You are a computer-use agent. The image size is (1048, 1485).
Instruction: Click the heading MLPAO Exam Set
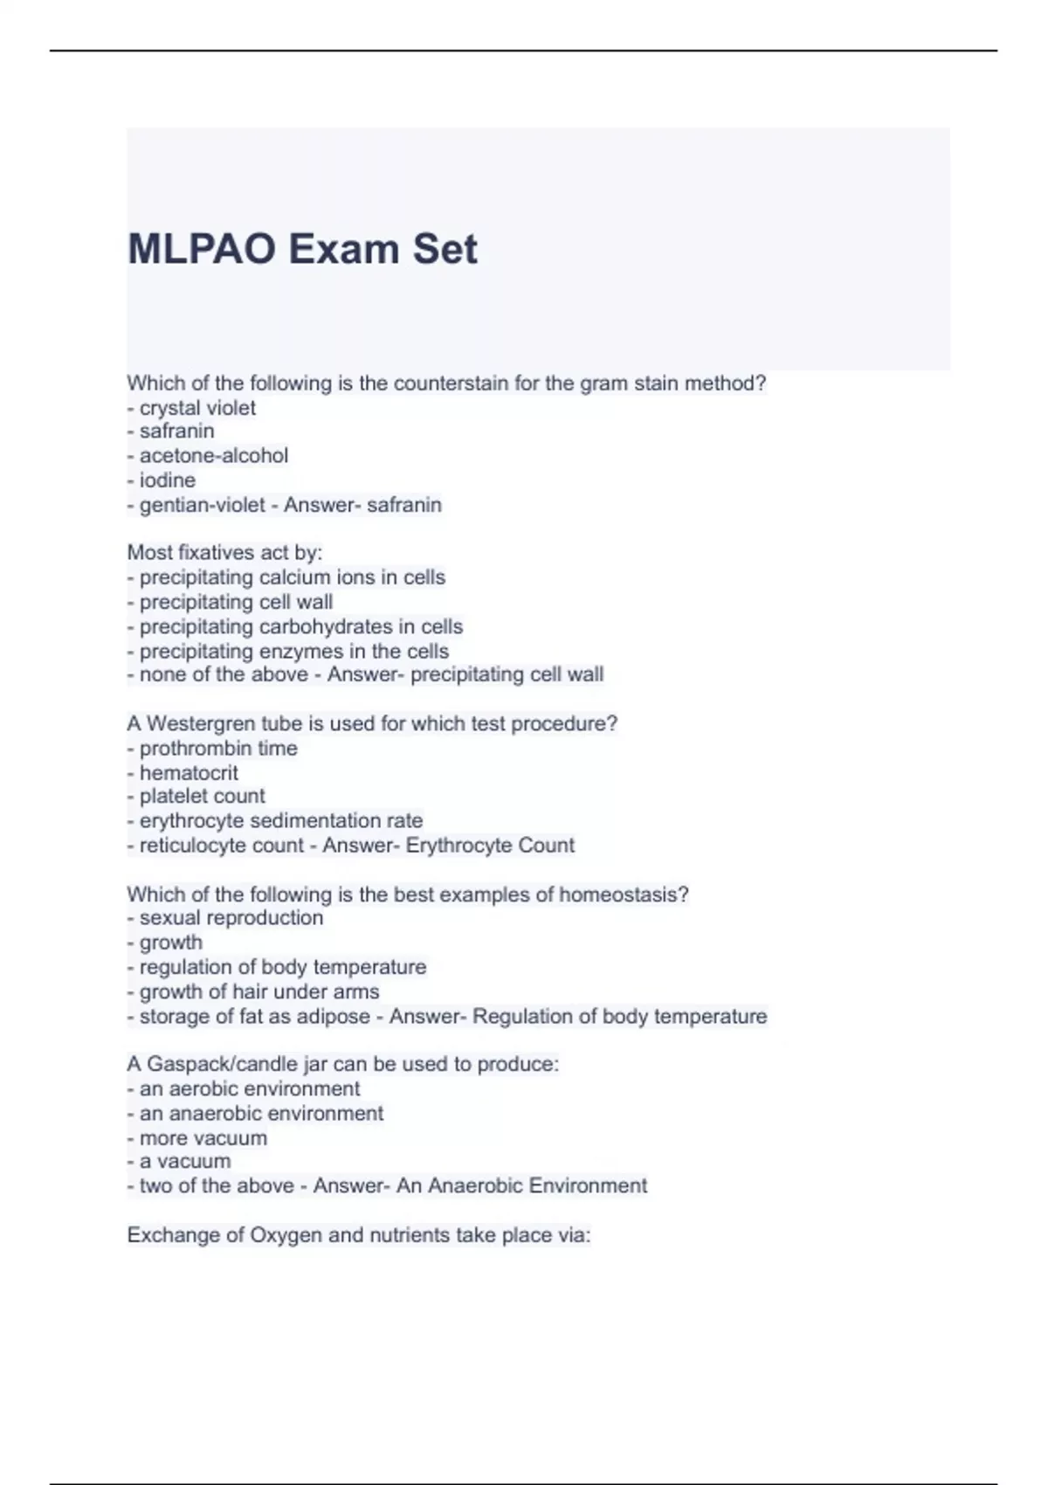[302, 249]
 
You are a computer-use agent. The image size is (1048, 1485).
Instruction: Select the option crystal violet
[197, 408]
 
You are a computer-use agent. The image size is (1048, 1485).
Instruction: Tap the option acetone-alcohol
[213, 456]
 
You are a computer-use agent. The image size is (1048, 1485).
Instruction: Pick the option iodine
[167, 480]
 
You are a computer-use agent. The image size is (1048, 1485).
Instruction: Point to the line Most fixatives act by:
[224, 553]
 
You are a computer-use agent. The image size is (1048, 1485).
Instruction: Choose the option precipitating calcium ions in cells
[292, 577]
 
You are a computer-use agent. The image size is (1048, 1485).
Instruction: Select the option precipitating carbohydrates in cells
[300, 627]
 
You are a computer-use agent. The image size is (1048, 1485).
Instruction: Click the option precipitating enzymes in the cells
[293, 652]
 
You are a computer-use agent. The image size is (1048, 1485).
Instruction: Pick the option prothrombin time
[217, 749]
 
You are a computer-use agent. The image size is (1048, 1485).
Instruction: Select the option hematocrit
[189, 773]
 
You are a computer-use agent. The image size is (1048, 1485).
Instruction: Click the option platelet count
[202, 797]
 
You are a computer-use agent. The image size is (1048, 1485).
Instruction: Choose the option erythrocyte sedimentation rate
[280, 821]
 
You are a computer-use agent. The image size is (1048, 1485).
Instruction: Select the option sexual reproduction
[231, 918]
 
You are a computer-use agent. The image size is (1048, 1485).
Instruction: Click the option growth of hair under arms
[259, 992]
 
